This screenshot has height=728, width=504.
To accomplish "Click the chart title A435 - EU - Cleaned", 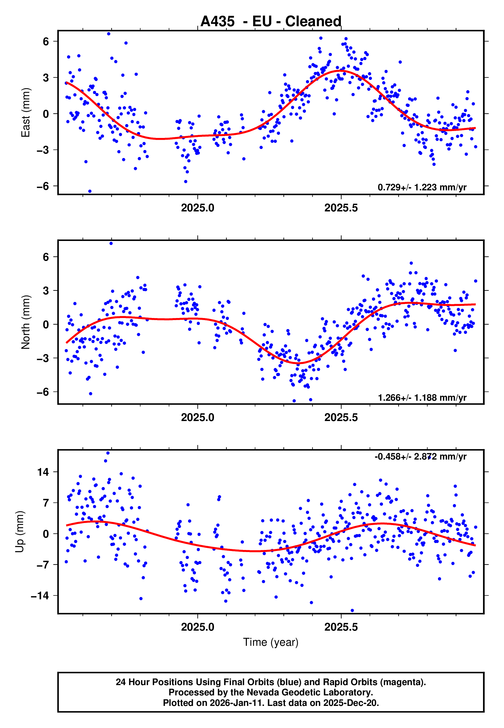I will [x=271, y=22].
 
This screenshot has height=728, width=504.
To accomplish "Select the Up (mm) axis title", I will [x=20, y=532].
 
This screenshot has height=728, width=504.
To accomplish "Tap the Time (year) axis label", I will [x=271, y=642].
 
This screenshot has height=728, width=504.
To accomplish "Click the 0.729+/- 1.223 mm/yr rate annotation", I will [x=422, y=187].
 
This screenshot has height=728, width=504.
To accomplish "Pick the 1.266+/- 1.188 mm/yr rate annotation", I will [x=422, y=397].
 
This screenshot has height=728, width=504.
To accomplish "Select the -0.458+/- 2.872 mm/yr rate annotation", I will [x=420, y=456].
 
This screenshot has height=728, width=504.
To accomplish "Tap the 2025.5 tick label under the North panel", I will [x=341, y=418].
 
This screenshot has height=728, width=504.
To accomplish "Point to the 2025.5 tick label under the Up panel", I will [x=341, y=627].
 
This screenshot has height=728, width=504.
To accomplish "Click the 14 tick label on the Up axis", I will [x=43, y=472].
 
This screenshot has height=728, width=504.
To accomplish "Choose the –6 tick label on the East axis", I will [x=43, y=186].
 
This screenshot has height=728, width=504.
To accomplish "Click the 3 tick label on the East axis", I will [x=46, y=78].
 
